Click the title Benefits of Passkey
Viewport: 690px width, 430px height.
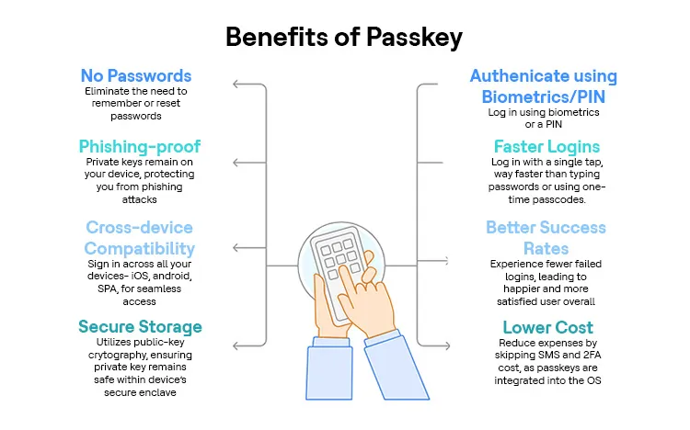click(x=344, y=38)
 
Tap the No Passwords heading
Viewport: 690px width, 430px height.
click(x=135, y=75)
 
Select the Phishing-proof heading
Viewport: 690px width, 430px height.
click(x=139, y=146)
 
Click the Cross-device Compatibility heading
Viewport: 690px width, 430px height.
click(x=140, y=238)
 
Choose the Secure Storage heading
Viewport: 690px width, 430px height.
click(x=140, y=327)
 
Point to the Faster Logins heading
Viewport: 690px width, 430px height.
click(x=546, y=147)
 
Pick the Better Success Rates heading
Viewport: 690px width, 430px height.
click(x=546, y=238)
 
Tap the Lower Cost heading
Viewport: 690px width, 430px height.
click(x=547, y=327)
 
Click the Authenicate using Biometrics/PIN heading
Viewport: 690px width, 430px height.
click(x=543, y=85)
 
